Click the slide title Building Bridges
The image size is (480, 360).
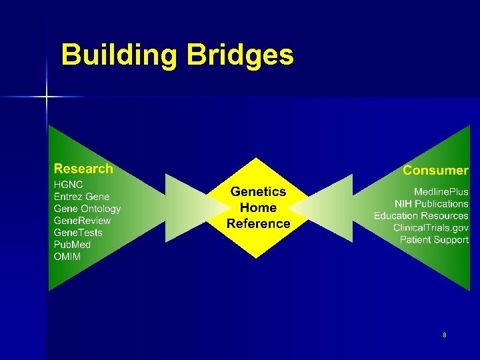coord(177,55)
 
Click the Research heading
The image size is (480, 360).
coord(83,169)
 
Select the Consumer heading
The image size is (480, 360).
coord(435,171)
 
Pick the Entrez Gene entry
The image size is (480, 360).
coord(81,197)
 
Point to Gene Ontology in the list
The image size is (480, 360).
coord(87,209)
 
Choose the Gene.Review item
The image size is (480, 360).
coord(82,221)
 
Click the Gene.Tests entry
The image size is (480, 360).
coord(78,233)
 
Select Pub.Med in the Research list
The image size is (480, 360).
coord(72,245)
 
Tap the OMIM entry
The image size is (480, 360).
coord(67,257)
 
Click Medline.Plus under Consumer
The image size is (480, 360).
coord(441,192)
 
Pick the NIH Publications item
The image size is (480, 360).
coord(431,204)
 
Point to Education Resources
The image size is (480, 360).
coord(421,216)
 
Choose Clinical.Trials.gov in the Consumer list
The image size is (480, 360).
coord(431,228)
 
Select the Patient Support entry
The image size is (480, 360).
coord(434,240)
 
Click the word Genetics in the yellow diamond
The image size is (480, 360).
coord(258,192)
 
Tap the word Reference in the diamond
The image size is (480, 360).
coord(258,224)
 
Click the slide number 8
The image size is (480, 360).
coord(445,335)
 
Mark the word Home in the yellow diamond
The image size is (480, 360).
coord(258,208)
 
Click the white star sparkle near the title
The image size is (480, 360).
coord(47,97)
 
